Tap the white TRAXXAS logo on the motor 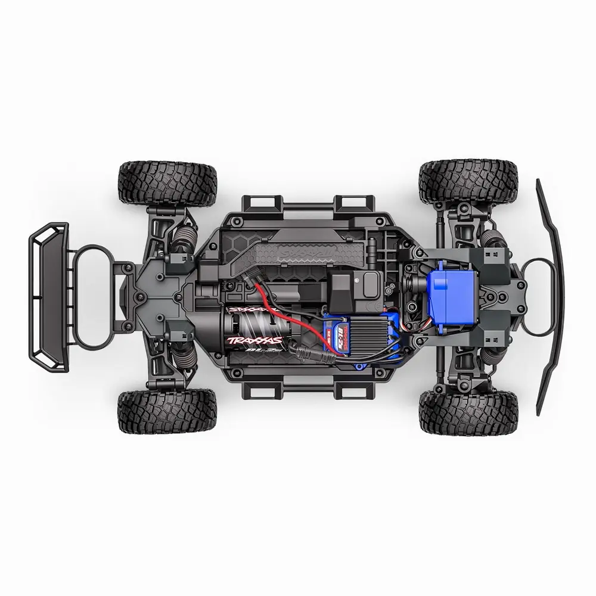(254, 340)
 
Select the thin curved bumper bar (550, 298)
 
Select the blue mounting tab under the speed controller (357, 362)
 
